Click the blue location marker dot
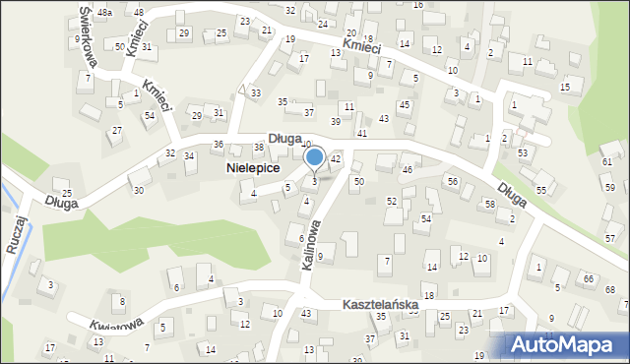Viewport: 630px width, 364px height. [x=315, y=156]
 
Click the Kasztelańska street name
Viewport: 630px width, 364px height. [x=381, y=306]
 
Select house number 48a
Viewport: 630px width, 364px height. [x=105, y=12]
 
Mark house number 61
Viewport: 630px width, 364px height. [x=607, y=161]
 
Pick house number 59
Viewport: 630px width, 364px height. [x=610, y=187]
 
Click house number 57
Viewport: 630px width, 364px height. [x=610, y=239]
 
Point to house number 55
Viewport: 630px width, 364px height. [x=541, y=189]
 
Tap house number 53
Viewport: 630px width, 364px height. [x=523, y=153]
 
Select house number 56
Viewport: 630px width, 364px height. [x=453, y=182]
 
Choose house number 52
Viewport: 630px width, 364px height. [x=392, y=201]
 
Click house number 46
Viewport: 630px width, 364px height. [x=407, y=170]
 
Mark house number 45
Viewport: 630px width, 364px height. [x=404, y=105]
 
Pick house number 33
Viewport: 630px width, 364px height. [x=256, y=92]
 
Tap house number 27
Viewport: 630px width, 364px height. [x=116, y=131]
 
